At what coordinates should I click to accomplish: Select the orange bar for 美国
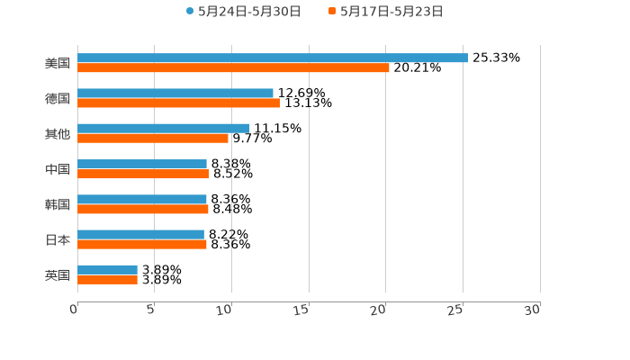point(233,67)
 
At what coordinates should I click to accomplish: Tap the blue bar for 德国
point(175,93)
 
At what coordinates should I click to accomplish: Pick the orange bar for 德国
point(178,103)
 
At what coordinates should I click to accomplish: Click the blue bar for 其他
point(164,128)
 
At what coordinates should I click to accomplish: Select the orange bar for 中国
point(143,174)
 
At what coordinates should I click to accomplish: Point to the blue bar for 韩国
point(142,199)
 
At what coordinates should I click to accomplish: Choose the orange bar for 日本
point(142,244)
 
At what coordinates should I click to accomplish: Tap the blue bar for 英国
point(108,269)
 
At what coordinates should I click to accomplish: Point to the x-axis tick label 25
point(457,310)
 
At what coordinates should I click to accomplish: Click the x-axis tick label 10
point(226,310)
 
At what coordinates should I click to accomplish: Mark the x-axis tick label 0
point(74,310)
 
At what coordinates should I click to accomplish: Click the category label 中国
point(58,169)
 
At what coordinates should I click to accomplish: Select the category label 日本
point(58,239)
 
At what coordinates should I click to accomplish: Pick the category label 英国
point(58,274)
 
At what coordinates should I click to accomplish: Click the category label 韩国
point(58,204)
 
